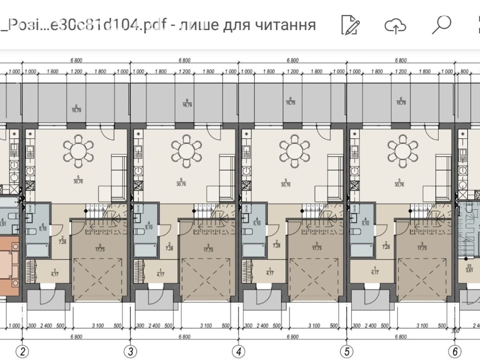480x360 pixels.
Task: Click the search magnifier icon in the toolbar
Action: click(441, 25)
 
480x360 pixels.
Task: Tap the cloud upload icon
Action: click(395, 26)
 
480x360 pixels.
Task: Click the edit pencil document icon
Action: click(350, 25)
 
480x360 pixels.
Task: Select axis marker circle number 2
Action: click(22, 351)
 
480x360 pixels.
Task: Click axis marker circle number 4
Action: click(238, 351)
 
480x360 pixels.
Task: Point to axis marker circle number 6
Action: click(455, 351)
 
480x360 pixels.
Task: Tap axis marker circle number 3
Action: click(130, 351)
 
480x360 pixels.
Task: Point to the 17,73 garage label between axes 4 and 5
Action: click(316, 246)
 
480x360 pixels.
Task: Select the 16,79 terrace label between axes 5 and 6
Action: click(401, 101)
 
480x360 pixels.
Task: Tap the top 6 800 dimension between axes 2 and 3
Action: click(76, 61)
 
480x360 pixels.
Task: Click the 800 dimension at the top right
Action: click(464, 72)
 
